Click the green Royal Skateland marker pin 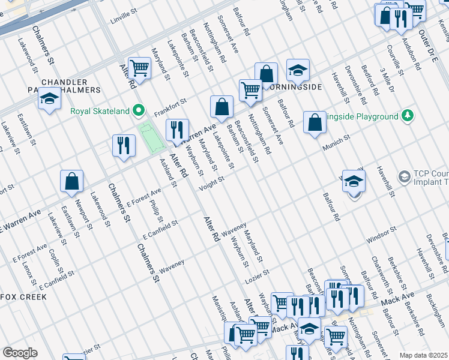139,110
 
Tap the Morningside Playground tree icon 408,116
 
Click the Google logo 20,353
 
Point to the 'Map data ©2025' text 423,355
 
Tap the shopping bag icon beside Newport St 71,181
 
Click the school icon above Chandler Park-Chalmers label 49,100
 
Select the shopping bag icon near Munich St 315,123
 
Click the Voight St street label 211,182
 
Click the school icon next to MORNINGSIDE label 297,72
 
